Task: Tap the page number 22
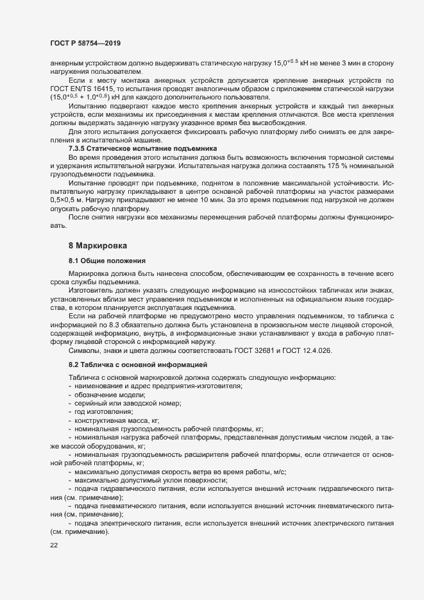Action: [53, 545]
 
